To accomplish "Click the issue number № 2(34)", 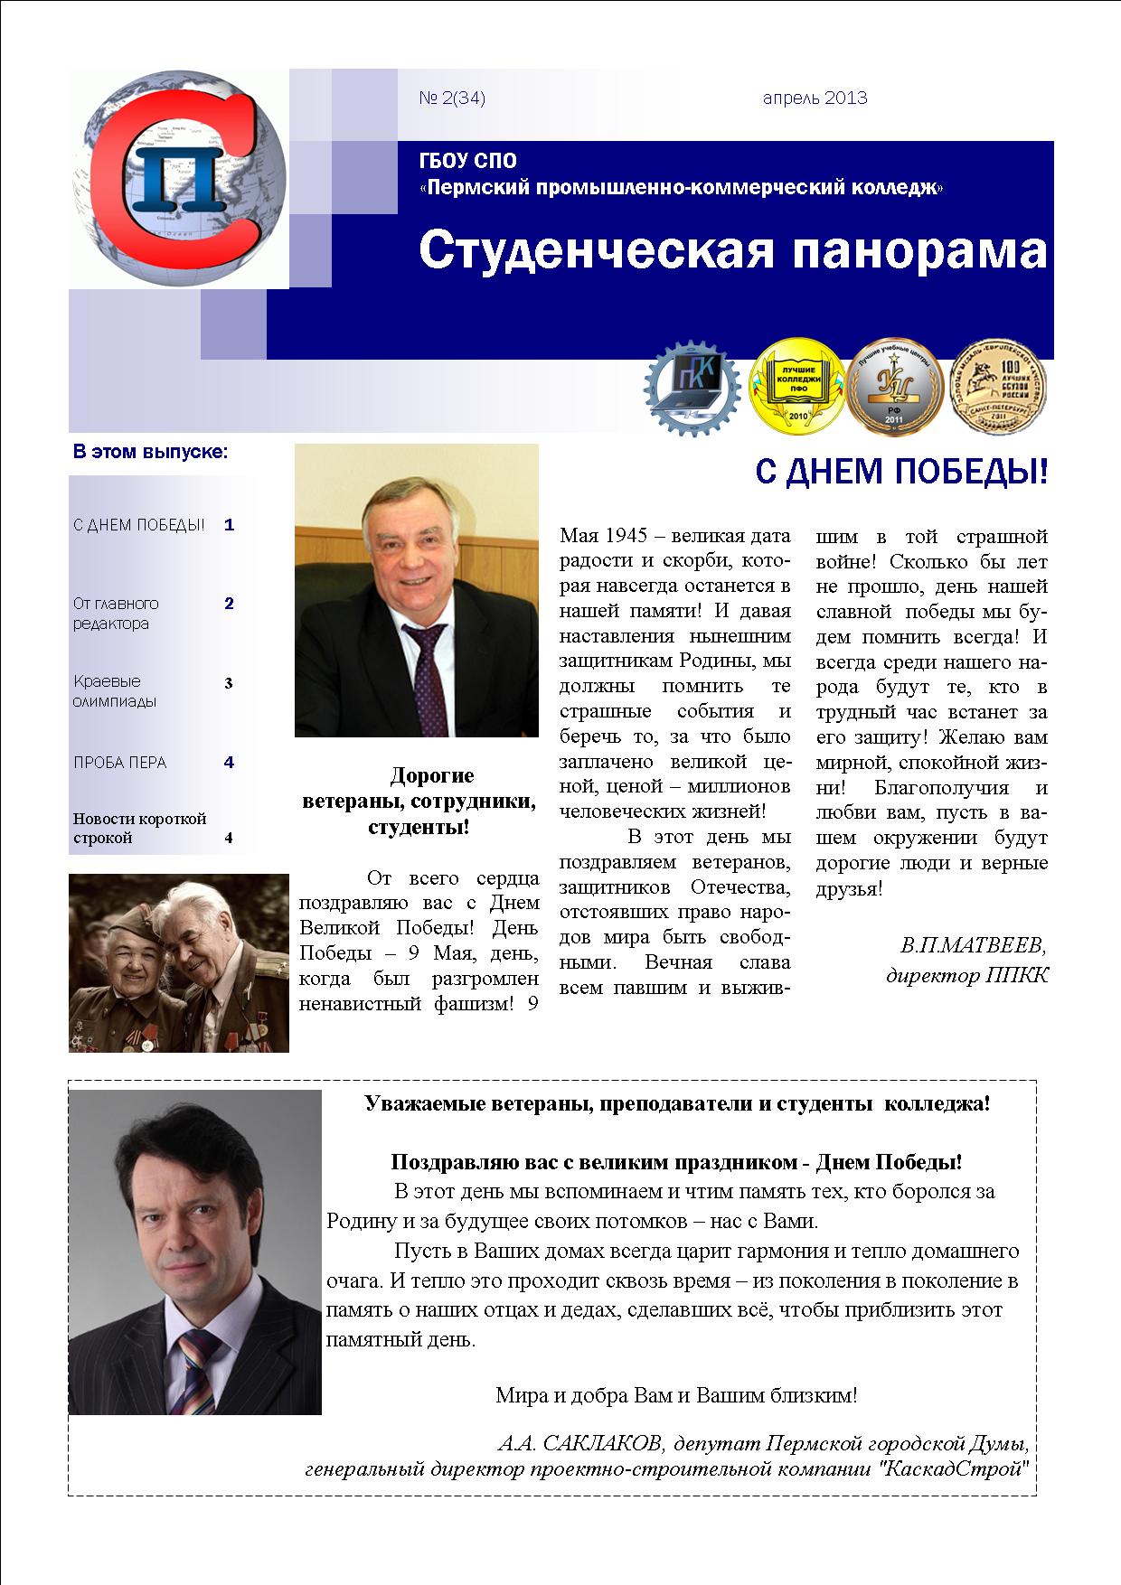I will pos(452,98).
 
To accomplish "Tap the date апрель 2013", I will pos(815,98).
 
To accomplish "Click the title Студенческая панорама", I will pos(732,250).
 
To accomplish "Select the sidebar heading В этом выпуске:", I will pos(150,451).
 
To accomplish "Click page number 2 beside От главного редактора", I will pos(229,604).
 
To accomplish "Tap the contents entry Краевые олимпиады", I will pos(116,691).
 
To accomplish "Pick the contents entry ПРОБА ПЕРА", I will pos(120,763).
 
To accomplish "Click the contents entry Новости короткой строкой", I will pos(139,828).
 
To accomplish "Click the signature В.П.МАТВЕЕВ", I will pos(972,946).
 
